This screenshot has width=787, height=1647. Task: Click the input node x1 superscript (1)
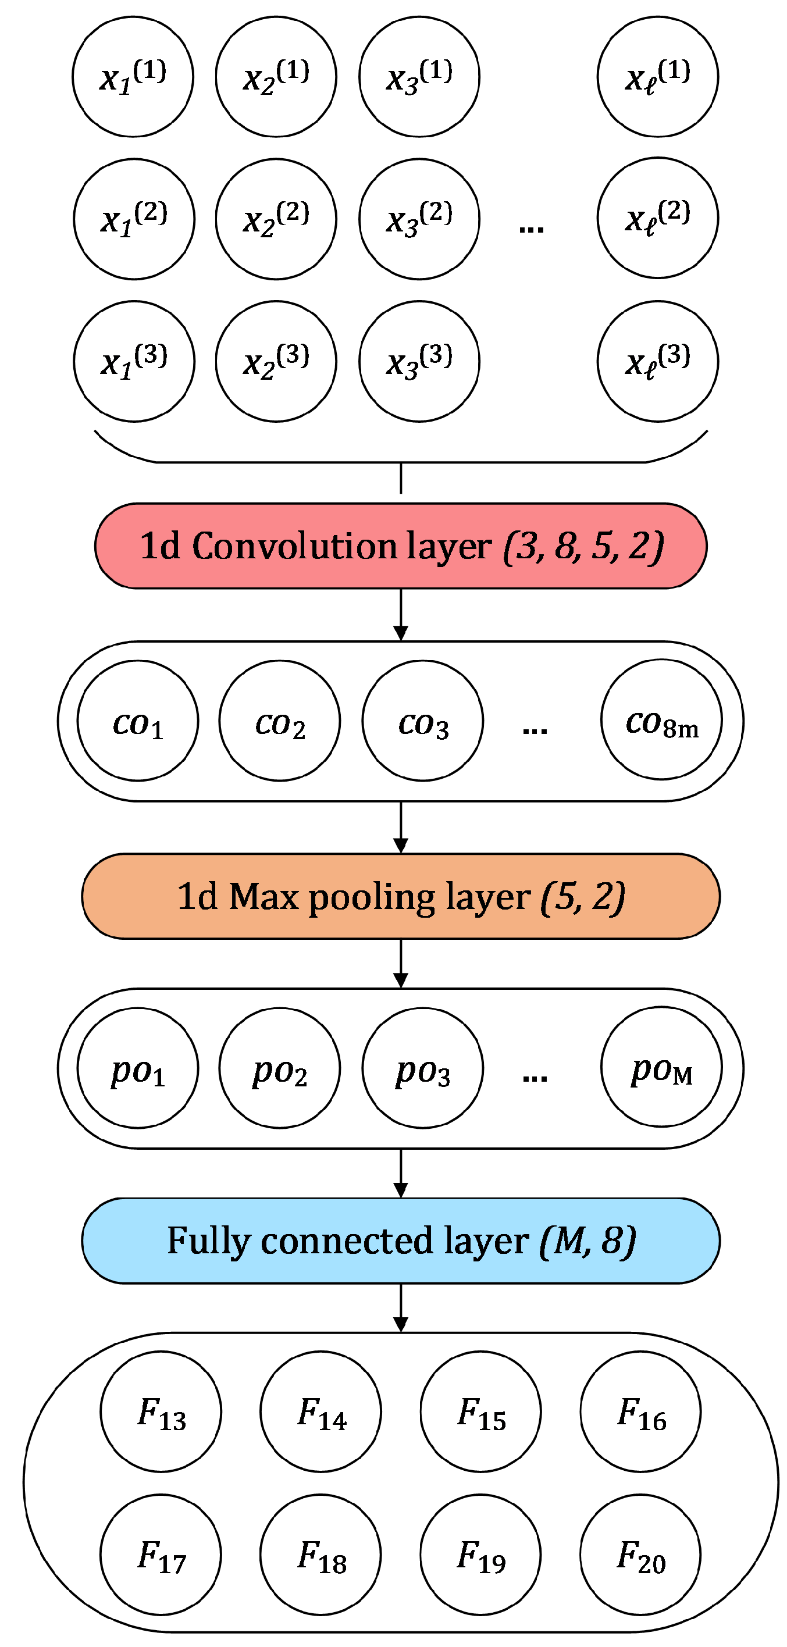click(133, 77)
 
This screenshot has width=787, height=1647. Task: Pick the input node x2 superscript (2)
click(276, 219)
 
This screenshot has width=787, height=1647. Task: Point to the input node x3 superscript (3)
click(419, 361)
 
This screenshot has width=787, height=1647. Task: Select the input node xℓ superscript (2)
click(657, 219)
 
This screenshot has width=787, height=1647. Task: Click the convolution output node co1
click(137, 721)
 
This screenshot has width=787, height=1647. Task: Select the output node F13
click(161, 1411)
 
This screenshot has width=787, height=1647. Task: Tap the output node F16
click(640, 1411)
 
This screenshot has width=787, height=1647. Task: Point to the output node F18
click(321, 1555)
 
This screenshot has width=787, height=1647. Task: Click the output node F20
click(640, 1555)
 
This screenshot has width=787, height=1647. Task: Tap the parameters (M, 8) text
click(587, 1240)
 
